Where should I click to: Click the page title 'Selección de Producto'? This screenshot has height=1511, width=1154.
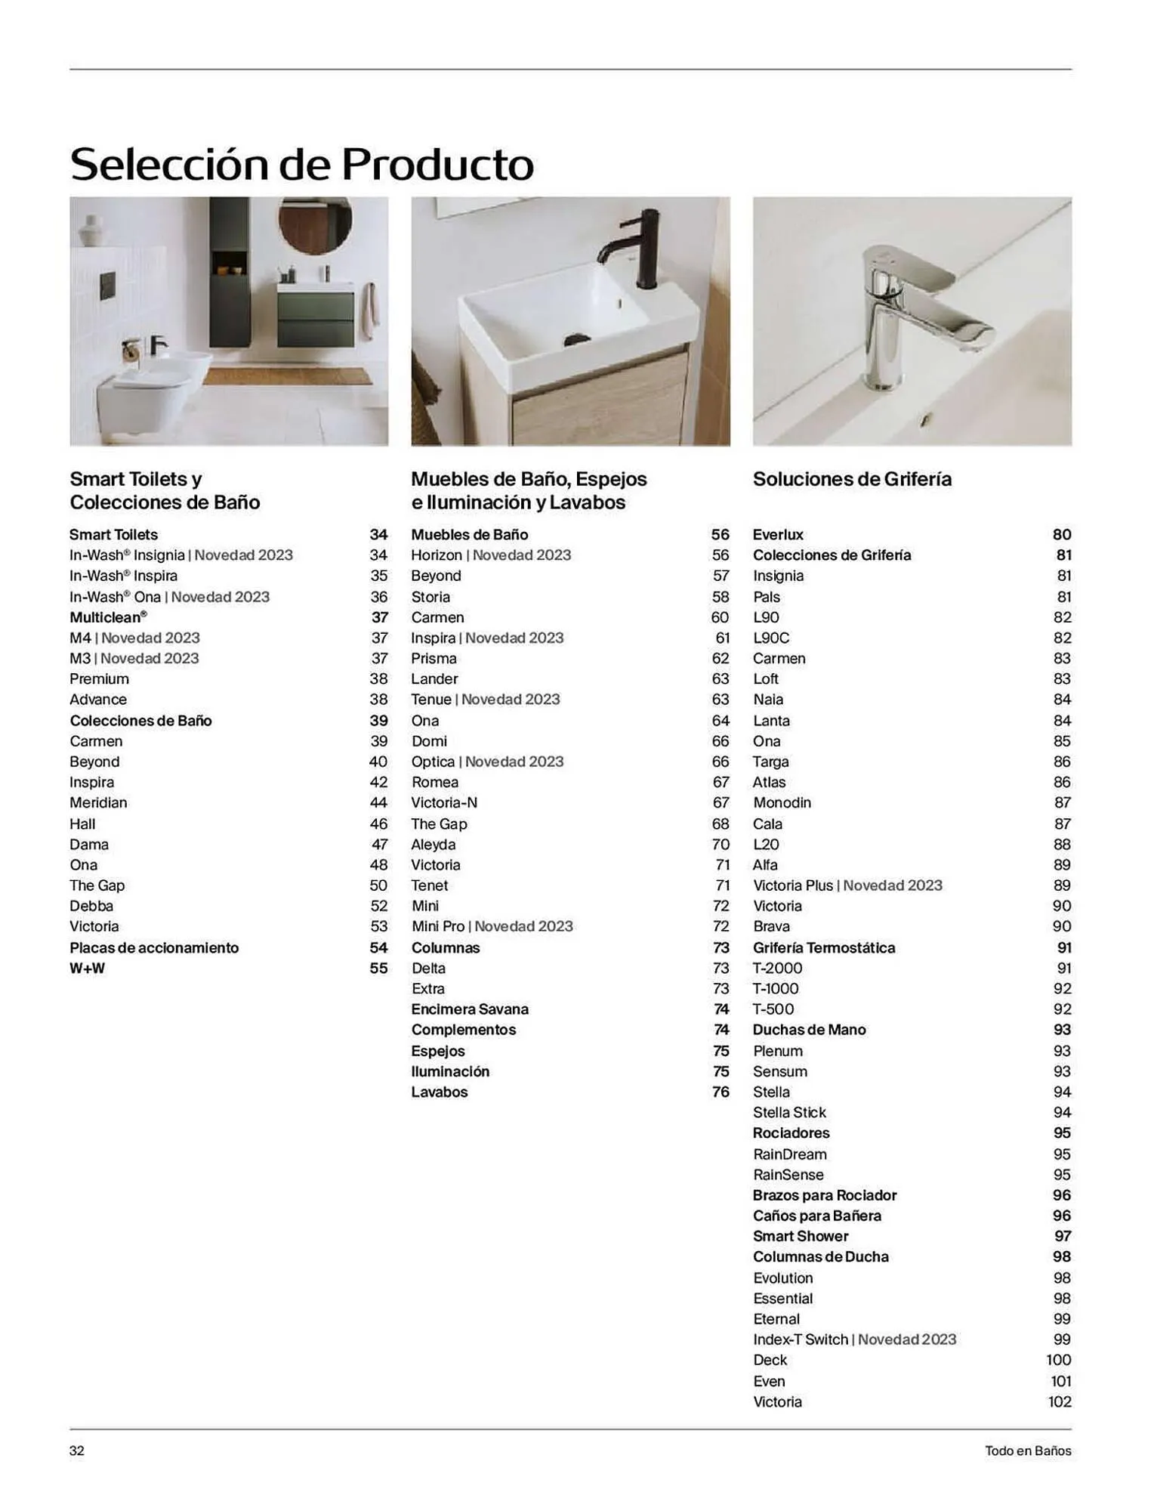301,163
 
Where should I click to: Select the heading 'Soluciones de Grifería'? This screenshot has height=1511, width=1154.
852,479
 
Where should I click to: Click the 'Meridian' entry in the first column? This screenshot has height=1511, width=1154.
98,802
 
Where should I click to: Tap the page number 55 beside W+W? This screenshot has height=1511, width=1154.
378,968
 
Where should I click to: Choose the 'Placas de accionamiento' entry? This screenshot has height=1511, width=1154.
154,947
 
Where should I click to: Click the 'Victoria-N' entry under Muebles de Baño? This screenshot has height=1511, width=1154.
444,802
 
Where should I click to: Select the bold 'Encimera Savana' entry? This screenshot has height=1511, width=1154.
470,1009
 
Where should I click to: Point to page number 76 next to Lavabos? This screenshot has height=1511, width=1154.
720,1092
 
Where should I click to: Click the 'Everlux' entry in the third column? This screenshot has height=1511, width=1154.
778,534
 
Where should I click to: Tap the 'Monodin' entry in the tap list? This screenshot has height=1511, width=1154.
782,802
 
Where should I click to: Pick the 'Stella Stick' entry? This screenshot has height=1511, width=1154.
789,1112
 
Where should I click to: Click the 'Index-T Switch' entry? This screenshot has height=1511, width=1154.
801,1340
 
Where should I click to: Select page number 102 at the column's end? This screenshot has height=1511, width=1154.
1060,1401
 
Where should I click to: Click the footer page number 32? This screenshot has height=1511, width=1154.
77,1451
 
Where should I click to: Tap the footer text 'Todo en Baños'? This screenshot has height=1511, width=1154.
1028,1451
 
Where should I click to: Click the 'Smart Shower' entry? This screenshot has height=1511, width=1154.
801,1236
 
